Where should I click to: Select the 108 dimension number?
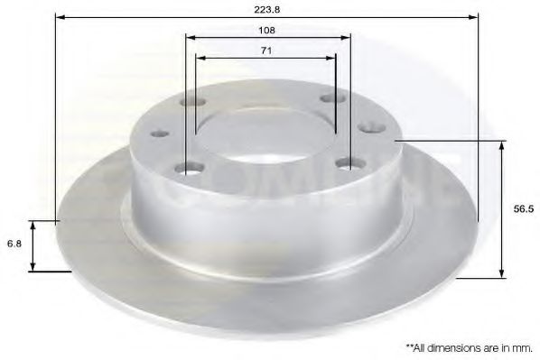[x=267, y=29]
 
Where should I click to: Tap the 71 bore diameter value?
[x=266, y=51]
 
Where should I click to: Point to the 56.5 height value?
[x=520, y=208]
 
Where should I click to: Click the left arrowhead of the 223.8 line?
[x=60, y=16]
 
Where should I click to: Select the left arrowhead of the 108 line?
[x=189, y=38]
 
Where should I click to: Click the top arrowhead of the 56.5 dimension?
[x=502, y=145]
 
